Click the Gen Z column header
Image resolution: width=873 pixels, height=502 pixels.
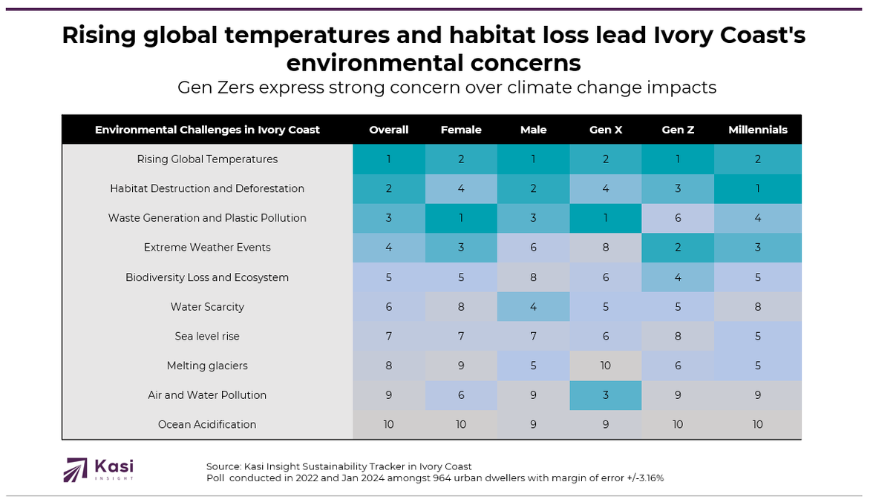[x=678, y=130]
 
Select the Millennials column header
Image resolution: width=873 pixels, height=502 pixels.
[x=757, y=130]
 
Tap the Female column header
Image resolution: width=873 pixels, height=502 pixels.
[x=461, y=130]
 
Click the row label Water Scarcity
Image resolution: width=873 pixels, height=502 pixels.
[x=207, y=307]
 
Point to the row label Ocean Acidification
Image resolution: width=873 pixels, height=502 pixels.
[x=207, y=425]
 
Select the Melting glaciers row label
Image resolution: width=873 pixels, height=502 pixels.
[x=207, y=366]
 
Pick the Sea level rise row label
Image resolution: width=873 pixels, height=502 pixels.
[x=207, y=336]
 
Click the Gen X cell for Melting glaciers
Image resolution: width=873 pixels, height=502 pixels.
[x=606, y=366]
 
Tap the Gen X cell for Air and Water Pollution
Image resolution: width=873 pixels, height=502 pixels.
[x=606, y=395]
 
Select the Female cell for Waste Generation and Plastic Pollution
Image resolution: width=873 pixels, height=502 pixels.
[x=461, y=218]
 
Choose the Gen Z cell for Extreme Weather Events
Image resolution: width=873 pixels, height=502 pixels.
[x=678, y=248]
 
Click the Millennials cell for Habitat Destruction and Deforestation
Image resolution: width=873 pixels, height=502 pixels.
[x=757, y=188]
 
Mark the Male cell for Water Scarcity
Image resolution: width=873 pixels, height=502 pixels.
[x=533, y=307]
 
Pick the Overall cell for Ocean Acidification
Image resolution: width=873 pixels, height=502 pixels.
[x=389, y=425]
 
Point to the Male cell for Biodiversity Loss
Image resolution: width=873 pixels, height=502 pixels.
[x=533, y=277]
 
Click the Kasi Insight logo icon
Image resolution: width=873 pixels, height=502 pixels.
[x=75, y=470]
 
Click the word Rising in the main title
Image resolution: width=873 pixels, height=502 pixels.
[x=97, y=35]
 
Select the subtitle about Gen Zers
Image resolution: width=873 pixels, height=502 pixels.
[x=446, y=87]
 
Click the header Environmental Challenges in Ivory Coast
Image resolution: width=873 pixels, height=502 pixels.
[x=207, y=130]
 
